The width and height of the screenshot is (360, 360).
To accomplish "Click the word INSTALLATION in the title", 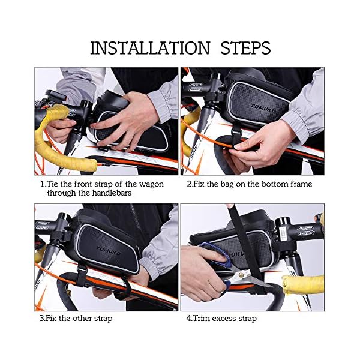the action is (150, 48).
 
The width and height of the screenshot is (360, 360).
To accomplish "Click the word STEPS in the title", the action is (245, 48).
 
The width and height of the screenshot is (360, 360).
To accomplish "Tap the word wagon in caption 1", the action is (151, 184).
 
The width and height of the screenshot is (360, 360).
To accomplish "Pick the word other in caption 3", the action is (83, 318).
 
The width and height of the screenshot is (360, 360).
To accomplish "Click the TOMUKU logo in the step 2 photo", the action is (263, 108).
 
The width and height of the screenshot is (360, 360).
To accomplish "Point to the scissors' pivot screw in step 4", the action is (241, 274).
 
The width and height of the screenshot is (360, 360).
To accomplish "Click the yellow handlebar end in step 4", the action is (301, 284).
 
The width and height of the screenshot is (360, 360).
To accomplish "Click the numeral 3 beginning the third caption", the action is (41, 319).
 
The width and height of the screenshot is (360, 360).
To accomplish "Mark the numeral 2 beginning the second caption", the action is (189, 184).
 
